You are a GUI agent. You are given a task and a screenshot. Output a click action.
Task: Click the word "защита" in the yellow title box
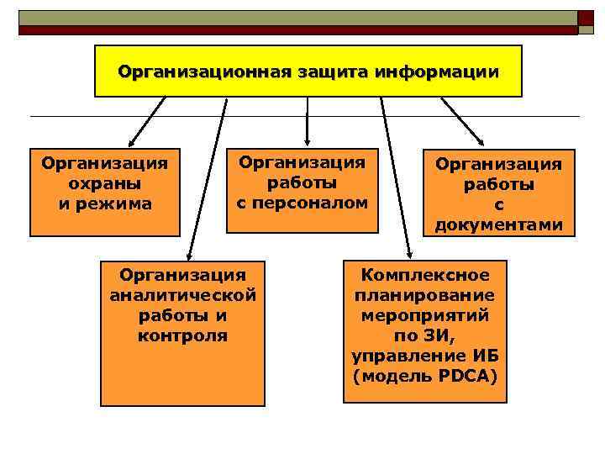coord(324,71)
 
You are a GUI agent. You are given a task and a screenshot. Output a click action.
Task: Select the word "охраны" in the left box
coord(104,182)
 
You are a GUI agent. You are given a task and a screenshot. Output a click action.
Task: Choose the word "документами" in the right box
coord(498,224)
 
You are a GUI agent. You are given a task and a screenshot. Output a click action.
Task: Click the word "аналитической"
coord(182,295)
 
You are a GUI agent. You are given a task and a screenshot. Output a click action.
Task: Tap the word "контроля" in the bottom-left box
coord(182,335)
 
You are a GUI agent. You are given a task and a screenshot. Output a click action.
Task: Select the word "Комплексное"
coord(424,275)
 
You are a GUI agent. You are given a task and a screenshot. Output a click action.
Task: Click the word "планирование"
coord(424,295)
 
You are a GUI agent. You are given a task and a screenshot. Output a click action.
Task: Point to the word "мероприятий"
coord(424,315)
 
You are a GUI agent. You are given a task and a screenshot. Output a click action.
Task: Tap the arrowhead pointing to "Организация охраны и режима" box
coord(129,144)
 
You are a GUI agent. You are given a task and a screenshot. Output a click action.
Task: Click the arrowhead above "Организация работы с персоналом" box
coord(308,137)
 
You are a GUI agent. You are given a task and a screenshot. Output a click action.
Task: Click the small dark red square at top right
coord(586,18)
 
